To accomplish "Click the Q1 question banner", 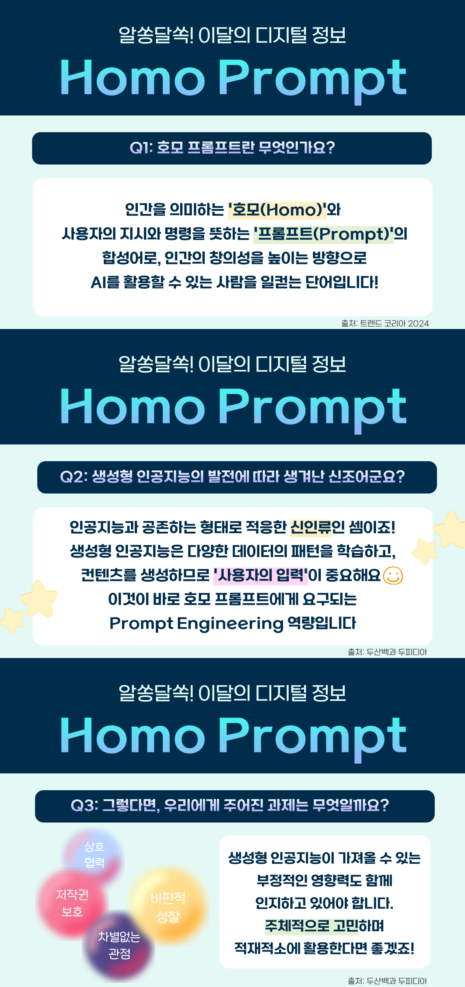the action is click(232, 148).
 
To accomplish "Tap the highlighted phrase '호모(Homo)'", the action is click(277, 210).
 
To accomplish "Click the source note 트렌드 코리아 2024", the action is click(385, 323).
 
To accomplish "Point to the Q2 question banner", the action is click(237, 477).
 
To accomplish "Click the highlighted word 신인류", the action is click(311, 528).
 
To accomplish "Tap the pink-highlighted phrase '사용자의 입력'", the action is click(261, 576).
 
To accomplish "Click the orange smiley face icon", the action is click(393, 576).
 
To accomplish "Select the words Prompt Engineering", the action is click(196, 624).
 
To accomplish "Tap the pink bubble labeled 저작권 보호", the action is click(72, 904).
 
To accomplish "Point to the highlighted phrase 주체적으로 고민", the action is click(312, 926).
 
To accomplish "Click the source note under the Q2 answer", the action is click(387, 652).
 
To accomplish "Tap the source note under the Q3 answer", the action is click(387, 981).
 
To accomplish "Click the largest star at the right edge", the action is click(451, 529).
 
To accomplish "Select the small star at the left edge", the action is click(12, 620).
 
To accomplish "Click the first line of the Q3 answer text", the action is click(324, 858).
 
